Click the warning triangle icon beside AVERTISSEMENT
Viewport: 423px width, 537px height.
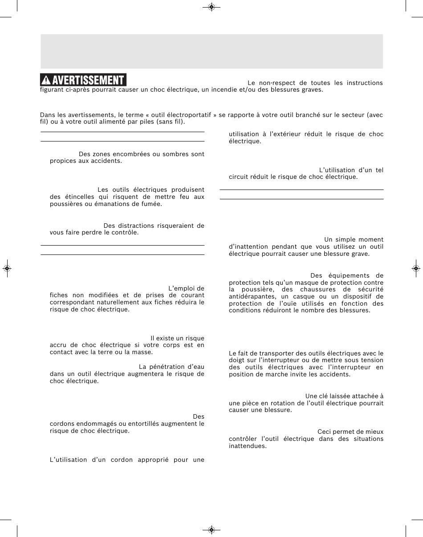pyautogui.click(x=46, y=81)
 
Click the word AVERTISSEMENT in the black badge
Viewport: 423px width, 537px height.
pyautogui.click(x=88, y=81)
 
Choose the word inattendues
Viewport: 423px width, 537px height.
pyautogui.click(x=248, y=446)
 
